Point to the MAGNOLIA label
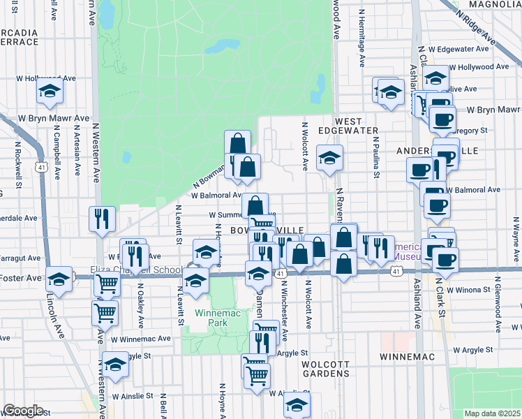point(493,4)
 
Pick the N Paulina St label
point(375,157)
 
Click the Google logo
point(23,411)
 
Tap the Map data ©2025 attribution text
point(492,413)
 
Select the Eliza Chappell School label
point(137,270)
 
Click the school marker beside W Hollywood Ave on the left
point(50,92)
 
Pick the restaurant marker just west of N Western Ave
point(102,219)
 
